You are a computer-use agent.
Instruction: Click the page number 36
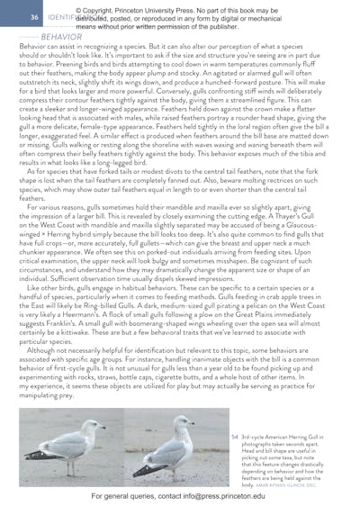click(x=34, y=17)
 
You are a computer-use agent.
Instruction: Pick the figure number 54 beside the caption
click(x=234, y=436)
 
